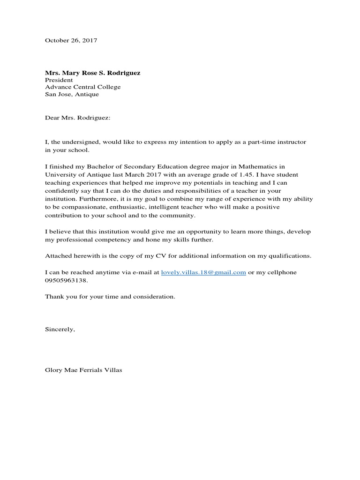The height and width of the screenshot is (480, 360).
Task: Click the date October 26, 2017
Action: pos(71,41)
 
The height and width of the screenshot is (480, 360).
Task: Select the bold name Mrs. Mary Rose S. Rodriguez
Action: pos(92,73)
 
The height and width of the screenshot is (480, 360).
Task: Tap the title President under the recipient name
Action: pos(59,80)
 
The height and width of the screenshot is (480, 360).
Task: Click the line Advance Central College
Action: pos(82,87)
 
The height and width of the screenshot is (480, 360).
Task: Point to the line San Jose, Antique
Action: pos(72,94)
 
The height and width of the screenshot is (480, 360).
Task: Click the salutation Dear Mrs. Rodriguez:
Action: pos(77,118)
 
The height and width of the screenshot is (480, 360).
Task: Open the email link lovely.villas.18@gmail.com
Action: pos(203,272)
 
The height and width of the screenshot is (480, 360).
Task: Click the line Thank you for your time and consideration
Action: pos(110,297)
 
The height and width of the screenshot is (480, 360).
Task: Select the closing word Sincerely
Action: pos(59,330)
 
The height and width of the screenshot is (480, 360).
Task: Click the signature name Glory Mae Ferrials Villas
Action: pos(83,370)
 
